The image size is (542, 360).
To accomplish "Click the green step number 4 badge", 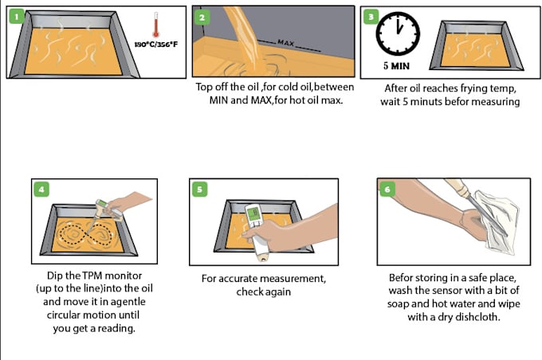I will coord(42,190).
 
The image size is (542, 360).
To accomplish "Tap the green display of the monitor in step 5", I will coord(253,214).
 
